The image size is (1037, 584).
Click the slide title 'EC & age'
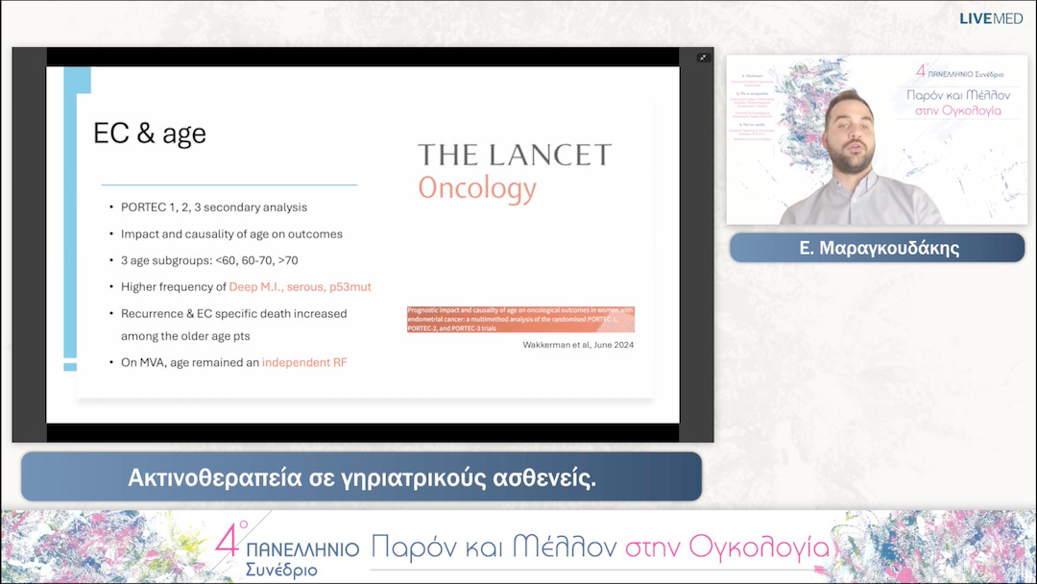(x=149, y=134)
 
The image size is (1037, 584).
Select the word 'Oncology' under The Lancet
(x=476, y=187)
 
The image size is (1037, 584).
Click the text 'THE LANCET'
(x=514, y=155)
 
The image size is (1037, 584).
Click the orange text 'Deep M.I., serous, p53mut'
(x=301, y=286)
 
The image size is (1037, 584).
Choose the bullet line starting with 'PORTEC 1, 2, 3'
(x=213, y=207)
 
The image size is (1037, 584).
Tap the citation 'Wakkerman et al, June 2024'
(x=578, y=344)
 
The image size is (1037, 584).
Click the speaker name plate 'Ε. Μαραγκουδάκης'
(x=878, y=248)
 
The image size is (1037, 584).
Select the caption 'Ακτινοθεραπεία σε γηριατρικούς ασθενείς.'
(x=362, y=477)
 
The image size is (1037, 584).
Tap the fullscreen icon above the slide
(x=703, y=58)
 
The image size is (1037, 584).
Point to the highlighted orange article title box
(x=520, y=319)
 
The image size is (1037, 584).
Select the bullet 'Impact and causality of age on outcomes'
(x=231, y=233)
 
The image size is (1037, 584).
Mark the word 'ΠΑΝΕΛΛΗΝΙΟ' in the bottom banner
(x=302, y=549)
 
